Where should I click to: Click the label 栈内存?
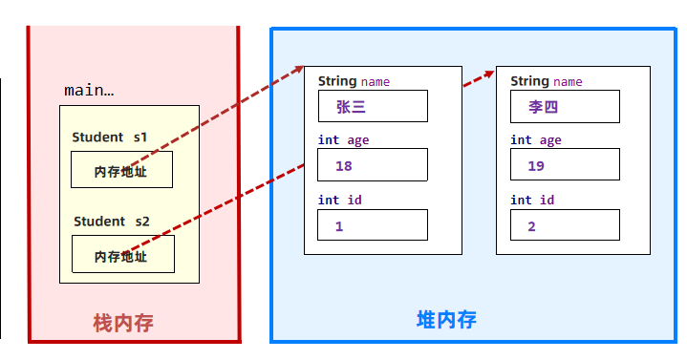(123, 324)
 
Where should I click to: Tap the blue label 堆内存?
(446, 320)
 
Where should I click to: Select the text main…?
(89, 91)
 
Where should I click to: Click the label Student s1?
(109, 138)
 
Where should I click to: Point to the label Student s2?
(111, 222)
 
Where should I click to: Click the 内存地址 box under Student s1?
(121, 171)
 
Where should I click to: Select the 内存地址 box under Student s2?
(122, 255)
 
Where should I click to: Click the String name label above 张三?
(354, 81)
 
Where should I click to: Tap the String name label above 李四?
(546, 81)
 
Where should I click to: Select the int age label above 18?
(343, 140)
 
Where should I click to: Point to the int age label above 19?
(535, 140)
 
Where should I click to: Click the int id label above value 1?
(339, 200)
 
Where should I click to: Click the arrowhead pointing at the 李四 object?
(489, 73)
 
